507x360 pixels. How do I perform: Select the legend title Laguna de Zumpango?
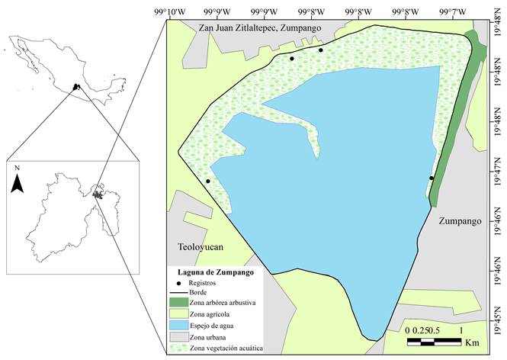[210, 272]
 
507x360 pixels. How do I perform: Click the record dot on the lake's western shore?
[208, 182]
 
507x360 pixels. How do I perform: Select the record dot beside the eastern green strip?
[432, 178]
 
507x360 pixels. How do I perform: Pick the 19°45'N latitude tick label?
[499, 312]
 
